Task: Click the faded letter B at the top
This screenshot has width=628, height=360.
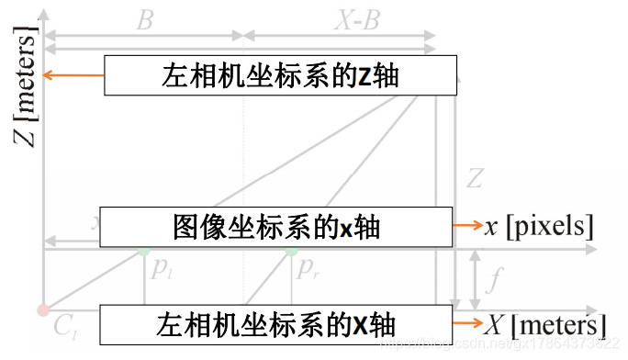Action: tap(144, 20)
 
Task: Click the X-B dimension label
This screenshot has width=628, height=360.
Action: tap(356, 20)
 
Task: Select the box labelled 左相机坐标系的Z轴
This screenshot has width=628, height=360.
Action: tap(280, 75)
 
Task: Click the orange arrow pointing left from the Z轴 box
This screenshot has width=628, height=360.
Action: tap(75, 75)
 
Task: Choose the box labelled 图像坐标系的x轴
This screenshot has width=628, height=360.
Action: tap(275, 227)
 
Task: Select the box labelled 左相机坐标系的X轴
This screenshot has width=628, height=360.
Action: tap(275, 324)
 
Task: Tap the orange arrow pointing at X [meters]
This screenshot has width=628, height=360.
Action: tap(467, 323)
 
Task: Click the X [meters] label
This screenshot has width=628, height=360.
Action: tap(545, 324)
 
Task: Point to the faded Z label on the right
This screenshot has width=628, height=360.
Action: tap(475, 178)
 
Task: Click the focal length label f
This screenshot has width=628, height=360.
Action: tap(494, 277)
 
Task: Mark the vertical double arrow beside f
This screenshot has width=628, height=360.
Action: tap(474, 278)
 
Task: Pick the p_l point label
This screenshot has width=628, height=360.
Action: tap(162, 270)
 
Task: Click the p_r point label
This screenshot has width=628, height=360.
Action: tap(308, 270)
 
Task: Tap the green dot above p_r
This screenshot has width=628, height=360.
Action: tap(291, 249)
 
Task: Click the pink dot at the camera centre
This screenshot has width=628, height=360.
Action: tap(42, 309)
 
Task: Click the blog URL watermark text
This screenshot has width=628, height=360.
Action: tap(500, 343)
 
